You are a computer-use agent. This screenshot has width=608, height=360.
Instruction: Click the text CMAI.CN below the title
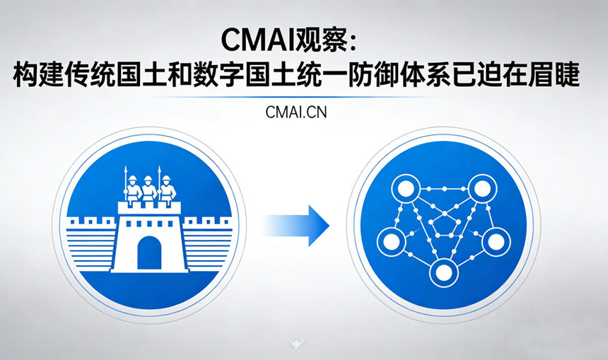pos(296,112)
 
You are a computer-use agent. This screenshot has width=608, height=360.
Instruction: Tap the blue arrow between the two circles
pos(297,226)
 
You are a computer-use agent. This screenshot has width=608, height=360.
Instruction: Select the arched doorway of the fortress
pos(148,252)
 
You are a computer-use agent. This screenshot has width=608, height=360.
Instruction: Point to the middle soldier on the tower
pos(148,189)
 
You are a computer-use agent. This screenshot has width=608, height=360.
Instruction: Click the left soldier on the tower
pos(132,189)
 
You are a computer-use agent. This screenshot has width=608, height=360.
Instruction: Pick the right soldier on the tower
pos(166,189)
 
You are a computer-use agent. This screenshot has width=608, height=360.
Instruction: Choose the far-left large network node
pos(390,242)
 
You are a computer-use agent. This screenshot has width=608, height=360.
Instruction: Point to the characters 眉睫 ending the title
pos(555,76)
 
